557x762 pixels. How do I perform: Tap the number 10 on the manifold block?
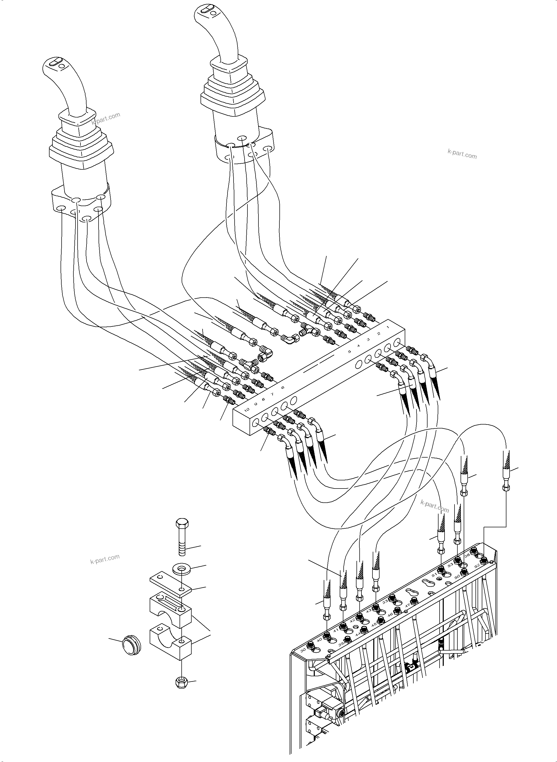pos(246,410)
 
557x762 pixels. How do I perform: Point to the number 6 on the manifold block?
pos(283,388)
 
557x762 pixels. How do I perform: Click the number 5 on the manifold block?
pos(349,351)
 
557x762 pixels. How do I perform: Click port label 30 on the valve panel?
pos(303,649)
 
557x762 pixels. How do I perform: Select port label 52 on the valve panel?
pos(477,566)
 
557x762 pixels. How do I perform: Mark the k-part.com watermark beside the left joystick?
pos(106,119)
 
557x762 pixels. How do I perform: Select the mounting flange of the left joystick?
pos(81,206)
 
